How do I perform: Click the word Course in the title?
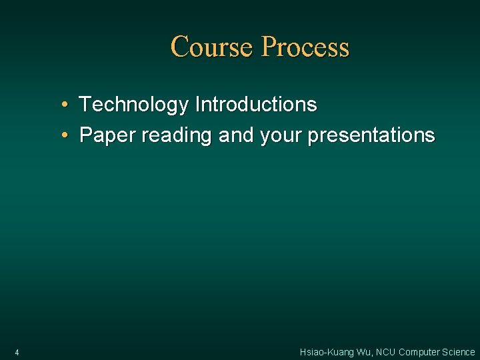(x=213, y=47)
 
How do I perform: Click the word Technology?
(x=134, y=105)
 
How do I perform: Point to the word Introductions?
(x=255, y=105)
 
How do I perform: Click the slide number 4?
(x=17, y=352)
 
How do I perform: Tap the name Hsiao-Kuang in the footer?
(x=325, y=352)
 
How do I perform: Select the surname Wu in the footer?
(x=363, y=352)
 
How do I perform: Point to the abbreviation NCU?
(x=386, y=352)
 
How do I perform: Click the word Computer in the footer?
(x=419, y=352)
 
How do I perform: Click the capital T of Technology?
(x=85, y=105)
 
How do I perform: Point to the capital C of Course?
(x=179, y=47)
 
